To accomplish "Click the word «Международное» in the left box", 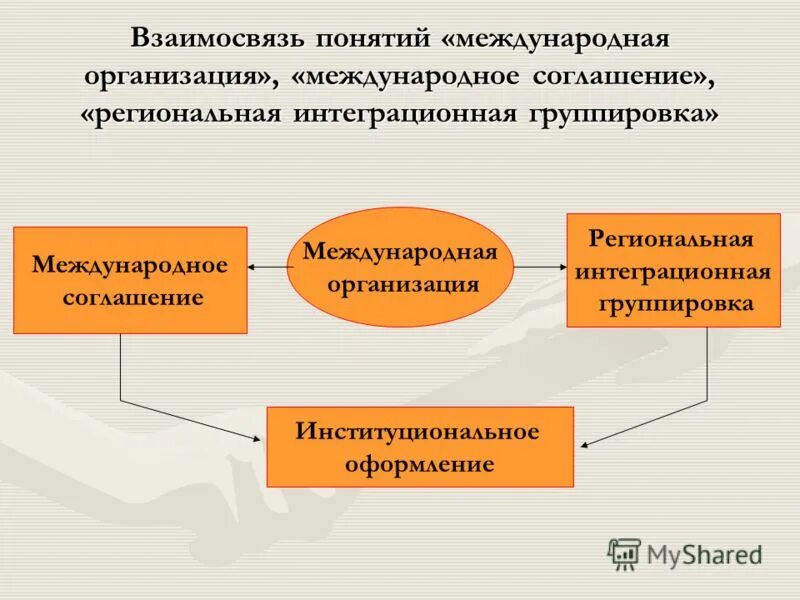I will coord(130,266).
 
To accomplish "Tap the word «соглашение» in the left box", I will coord(130,297).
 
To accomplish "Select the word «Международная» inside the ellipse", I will coord(400,250).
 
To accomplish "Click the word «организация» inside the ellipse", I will coord(400,283).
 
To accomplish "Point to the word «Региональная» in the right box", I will coord(671,240).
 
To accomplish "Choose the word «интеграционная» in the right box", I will coord(673,272).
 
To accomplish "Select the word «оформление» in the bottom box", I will coord(419,464).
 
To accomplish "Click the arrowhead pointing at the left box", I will coord(252,267).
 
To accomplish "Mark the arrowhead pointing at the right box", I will coord(562,267).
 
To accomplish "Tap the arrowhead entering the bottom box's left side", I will coord(262,437).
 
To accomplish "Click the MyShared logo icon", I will coord(624,553).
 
